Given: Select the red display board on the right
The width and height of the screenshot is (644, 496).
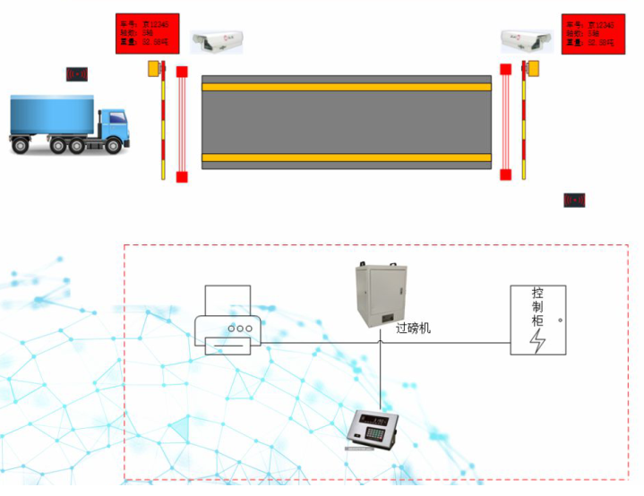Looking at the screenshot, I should (593, 33).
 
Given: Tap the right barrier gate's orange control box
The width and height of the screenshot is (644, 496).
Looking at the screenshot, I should (533, 68).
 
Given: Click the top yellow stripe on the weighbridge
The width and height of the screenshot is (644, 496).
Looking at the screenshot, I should (347, 86).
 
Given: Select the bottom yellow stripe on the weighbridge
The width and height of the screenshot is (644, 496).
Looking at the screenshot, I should (347, 158).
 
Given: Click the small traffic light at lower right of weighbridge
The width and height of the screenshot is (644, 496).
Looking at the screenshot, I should (574, 200).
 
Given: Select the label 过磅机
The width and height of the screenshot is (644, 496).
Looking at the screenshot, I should (413, 329).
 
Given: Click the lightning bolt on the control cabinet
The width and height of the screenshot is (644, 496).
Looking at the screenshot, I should (538, 341).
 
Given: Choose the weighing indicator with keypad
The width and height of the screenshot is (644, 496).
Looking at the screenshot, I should (374, 427).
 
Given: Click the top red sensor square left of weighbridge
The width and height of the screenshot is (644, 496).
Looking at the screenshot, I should (182, 72).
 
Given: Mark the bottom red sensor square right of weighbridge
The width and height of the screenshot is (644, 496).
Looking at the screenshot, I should (506, 175).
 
